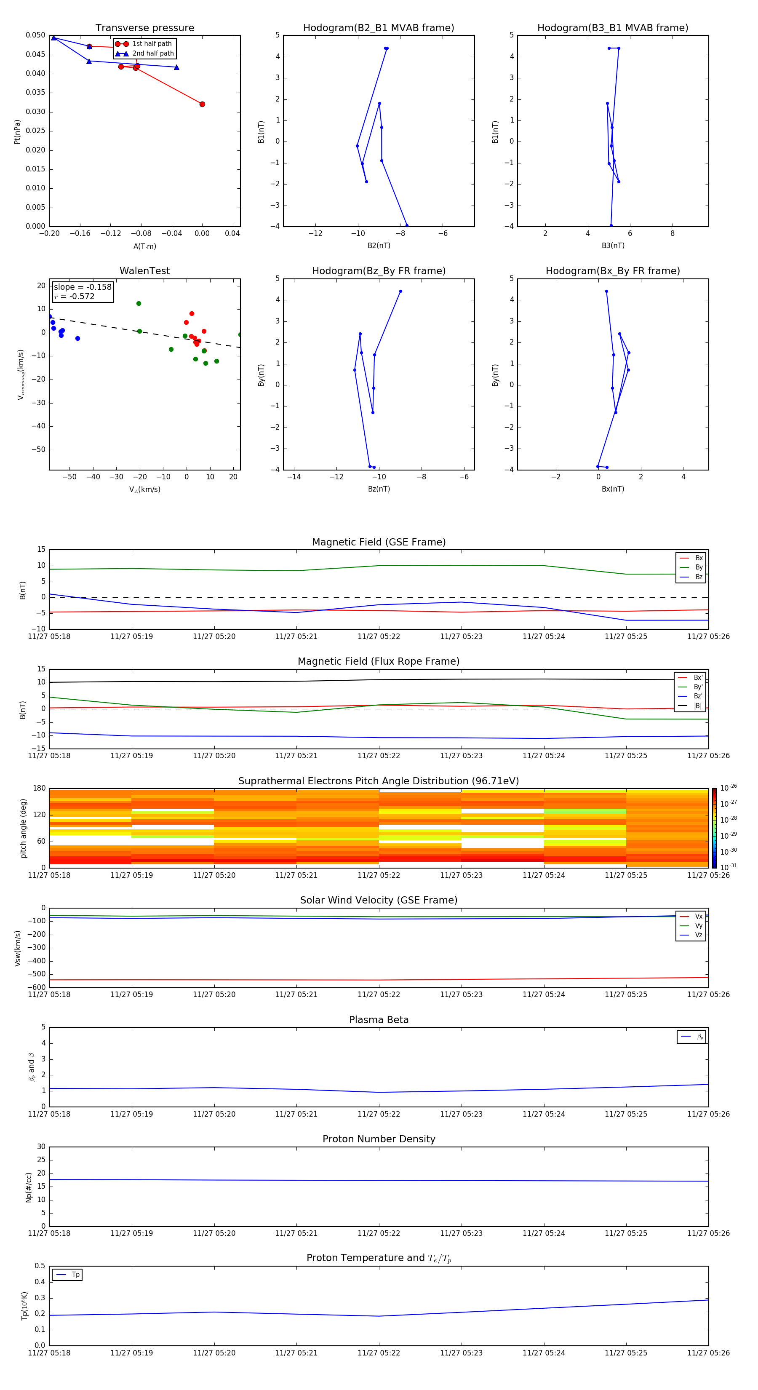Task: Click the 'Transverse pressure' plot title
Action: pyautogui.click(x=144, y=28)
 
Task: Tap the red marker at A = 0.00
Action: pyautogui.click(x=202, y=104)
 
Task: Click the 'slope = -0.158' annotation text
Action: pyautogui.click(x=83, y=287)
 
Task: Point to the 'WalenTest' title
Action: pyautogui.click(x=144, y=271)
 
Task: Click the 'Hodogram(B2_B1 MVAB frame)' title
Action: pyautogui.click(x=379, y=28)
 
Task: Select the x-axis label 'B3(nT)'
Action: pyautogui.click(x=613, y=246)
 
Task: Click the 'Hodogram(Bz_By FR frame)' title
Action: pyautogui.click(x=379, y=271)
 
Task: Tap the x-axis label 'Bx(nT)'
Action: pyautogui.click(x=613, y=489)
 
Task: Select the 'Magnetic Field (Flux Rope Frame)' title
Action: pyautogui.click(x=379, y=662)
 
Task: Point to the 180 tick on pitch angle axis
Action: pyautogui.click(x=40, y=789)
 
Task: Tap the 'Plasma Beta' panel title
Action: pyautogui.click(x=379, y=1020)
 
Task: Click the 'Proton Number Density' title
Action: pyautogui.click(x=379, y=1139)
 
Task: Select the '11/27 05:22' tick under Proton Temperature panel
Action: pyautogui.click(x=379, y=1353)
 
